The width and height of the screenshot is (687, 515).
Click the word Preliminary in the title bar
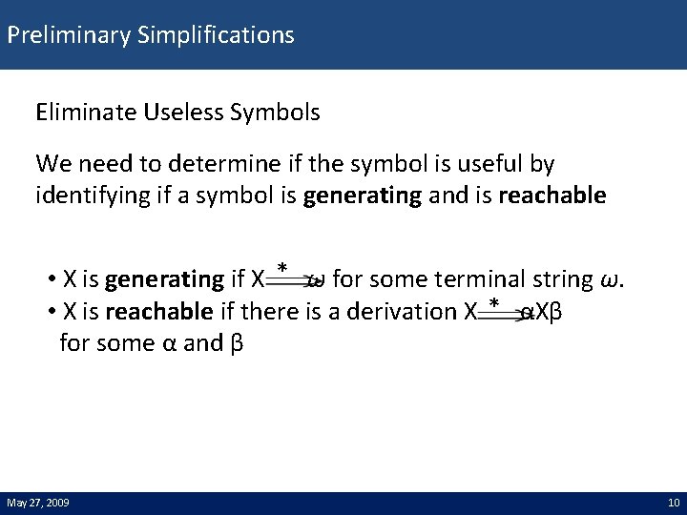point(69,36)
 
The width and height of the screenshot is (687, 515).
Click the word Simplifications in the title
point(216,36)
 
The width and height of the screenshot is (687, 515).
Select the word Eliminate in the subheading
point(81,113)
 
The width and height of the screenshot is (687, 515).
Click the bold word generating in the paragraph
point(362,196)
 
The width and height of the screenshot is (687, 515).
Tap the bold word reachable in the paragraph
point(552,196)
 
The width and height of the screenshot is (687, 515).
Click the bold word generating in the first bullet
point(164,279)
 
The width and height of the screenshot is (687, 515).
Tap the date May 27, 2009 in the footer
point(37,503)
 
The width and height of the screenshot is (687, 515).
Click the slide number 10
point(673,503)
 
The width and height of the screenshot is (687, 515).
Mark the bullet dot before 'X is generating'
point(50,280)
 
